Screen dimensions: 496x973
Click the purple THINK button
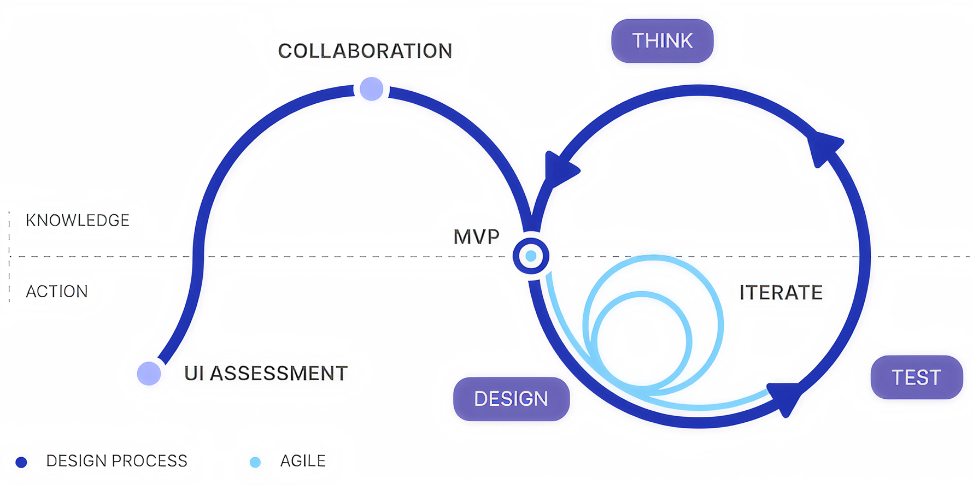[x=662, y=41]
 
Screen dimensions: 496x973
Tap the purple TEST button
[x=916, y=377]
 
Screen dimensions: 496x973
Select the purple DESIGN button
[x=511, y=399]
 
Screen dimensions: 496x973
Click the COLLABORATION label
[x=365, y=51]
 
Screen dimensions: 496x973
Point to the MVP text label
[x=476, y=237]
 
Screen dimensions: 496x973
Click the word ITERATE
[x=781, y=293]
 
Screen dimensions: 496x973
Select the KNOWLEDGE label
[x=78, y=220]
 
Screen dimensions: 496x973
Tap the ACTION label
[x=57, y=292]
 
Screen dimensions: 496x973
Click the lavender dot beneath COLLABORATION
[x=372, y=89]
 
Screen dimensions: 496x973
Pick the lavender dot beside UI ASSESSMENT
[x=149, y=374]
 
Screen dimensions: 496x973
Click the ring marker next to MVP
[x=531, y=256]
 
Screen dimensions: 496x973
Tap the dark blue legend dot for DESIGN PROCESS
[x=21, y=463]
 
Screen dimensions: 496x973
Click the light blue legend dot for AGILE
[x=255, y=463]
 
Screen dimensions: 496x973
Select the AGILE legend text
[x=303, y=461]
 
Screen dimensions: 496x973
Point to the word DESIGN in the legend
[x=77, y=461]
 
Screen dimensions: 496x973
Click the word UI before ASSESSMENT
[x=194, y=374]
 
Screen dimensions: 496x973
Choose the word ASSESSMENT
[x=279, y=374]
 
